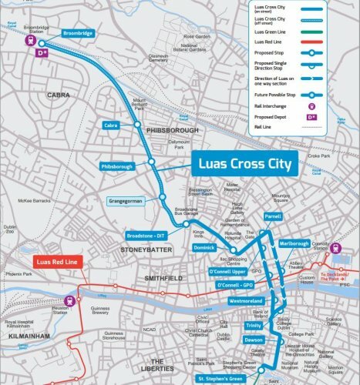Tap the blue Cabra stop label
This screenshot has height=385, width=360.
[111, 125]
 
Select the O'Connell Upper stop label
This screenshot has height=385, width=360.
[226, 271]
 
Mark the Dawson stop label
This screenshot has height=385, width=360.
[254, 340]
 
